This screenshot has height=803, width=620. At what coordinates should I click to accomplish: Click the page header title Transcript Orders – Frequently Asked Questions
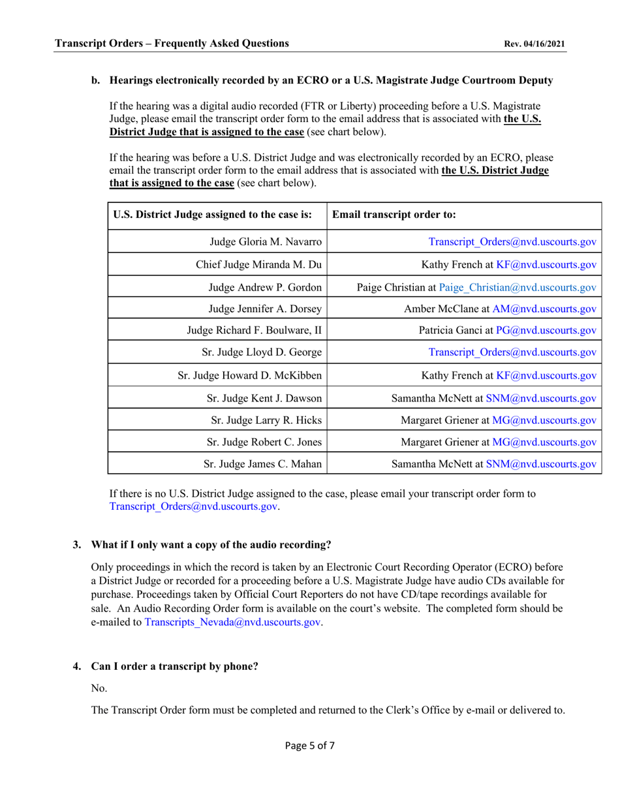point(172,44)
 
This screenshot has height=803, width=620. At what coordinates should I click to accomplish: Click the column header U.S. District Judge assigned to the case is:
point(213,214)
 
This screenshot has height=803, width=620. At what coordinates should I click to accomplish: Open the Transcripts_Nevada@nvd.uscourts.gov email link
point(232,622)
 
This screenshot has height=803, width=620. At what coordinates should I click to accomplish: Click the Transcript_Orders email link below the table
point(194,506)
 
